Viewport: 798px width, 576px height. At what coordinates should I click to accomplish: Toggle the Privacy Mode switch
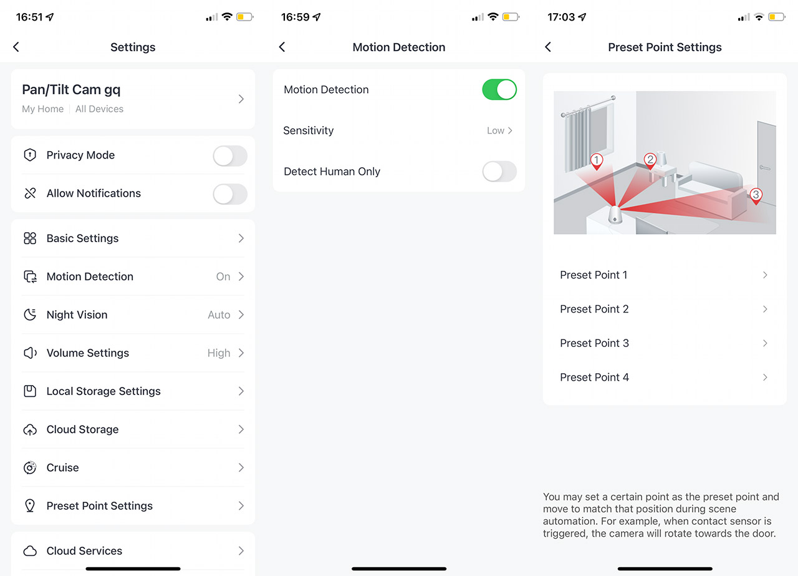point(230,155)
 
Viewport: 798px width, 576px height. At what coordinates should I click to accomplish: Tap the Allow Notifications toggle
point(230,193)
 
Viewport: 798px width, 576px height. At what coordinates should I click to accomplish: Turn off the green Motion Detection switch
point(499,89)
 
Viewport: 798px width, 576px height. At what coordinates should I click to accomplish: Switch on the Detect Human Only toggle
point(499,172)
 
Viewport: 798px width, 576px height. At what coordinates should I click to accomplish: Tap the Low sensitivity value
point(495,130)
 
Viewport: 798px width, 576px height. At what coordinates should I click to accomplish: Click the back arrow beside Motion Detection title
point(282,47)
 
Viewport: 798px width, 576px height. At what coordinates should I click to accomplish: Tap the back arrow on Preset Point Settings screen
point(548,47)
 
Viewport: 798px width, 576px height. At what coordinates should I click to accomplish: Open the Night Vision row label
point(77,315)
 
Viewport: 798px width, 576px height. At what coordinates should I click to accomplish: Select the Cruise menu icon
point(30,467)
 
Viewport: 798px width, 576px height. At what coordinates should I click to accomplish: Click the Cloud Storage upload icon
point(30,429)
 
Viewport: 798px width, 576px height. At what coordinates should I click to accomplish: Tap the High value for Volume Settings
point(219,353)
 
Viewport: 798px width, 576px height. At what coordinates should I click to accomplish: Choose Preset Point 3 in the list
point(594,343)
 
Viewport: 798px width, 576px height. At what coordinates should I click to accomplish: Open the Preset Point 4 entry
point(594,378)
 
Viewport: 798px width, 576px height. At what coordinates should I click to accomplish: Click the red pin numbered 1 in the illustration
point(597,161)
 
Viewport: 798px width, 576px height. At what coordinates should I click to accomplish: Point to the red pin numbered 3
point(756,196)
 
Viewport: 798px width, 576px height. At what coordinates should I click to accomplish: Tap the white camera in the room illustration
point(615,215)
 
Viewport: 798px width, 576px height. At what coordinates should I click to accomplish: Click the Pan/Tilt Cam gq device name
point(71,89)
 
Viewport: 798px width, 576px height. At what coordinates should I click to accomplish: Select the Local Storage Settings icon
point(30,391)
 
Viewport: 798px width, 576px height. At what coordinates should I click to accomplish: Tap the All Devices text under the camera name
point(99,109)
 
